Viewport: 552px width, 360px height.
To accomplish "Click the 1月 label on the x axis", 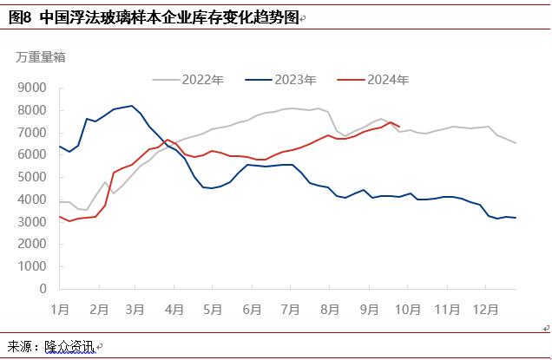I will [60, 308].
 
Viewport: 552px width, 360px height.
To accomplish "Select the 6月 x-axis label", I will [253, 308].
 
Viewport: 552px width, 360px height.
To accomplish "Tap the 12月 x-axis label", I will [486, 308].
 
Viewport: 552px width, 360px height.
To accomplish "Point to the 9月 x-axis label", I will [369, 308].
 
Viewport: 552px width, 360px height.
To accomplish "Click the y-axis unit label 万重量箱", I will [40, 57].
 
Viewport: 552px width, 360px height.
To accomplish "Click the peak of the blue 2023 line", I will [132, 106].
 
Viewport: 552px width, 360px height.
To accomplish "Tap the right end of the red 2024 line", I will [398, 127].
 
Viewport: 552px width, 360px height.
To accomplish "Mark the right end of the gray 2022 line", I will [516, 143].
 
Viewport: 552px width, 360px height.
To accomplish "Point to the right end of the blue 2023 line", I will [516, 218].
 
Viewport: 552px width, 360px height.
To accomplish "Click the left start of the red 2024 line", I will [59, 216].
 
